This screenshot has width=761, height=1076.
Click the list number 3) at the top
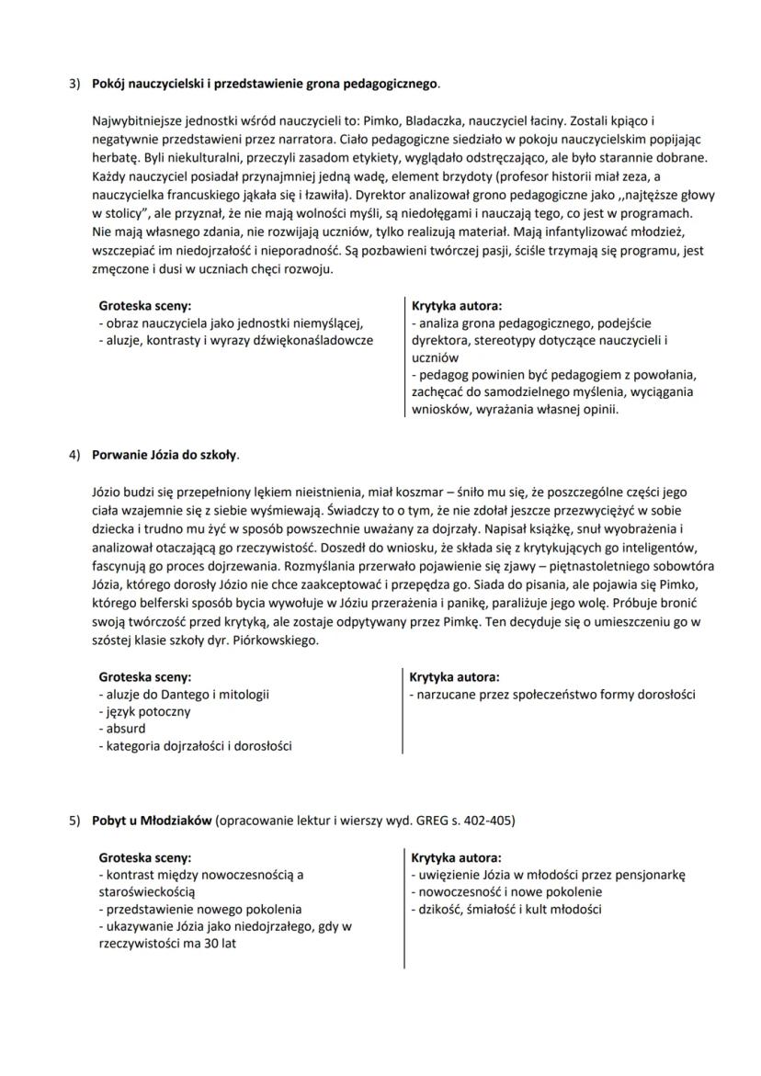[x=76, y=85]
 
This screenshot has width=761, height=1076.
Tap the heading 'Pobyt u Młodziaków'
[x=153, y=820]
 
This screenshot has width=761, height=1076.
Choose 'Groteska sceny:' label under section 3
[x=144, y=306]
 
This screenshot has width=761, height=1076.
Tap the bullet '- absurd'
[x=122, y=729]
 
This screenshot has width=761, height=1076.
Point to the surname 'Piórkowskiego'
[x=275, y=640]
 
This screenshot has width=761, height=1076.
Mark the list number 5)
[x=76, y=820]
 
